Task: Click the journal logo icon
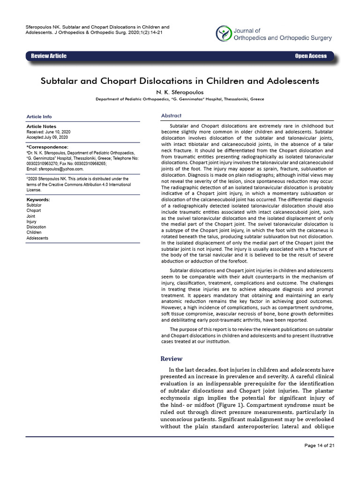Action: [x=224, y=33]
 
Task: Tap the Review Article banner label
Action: [x=49, y=56]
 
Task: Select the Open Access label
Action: [x=310, y=56]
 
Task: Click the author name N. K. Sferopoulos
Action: [x=180, y=92]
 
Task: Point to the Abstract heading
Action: [x=171, y=116]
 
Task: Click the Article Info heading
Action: [x=39, y=117]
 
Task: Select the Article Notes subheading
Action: [x=41, y=127]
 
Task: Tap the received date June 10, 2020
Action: [x=57, y=132]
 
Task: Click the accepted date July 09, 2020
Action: [x=56, y=137]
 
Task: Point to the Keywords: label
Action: [x=38, y=200]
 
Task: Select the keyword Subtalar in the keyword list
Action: [x=34, y=205]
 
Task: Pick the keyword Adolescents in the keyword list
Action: [x=37, y=238]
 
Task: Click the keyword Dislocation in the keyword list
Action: [x=37, y=227]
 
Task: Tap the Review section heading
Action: [x=171, y=359]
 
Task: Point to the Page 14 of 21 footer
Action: [x=319, y=445]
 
